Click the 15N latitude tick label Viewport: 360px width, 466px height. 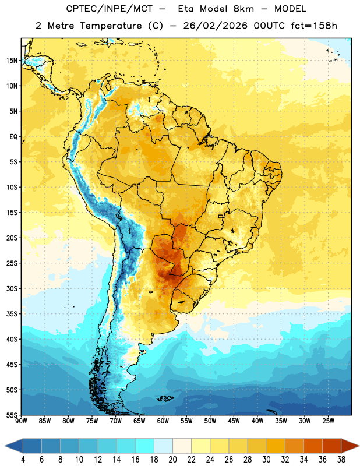12,61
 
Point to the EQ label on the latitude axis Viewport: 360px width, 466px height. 13,137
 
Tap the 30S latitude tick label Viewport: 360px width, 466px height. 12,288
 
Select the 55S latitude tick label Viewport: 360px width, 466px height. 12,415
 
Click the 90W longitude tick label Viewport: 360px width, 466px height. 21,421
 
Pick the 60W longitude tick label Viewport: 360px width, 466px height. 163,421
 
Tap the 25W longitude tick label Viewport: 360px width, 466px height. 328,421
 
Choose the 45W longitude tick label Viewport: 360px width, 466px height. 234,421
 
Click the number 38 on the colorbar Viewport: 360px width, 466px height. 341,460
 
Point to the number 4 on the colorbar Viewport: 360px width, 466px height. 23,460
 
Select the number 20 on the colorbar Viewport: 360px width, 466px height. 172,460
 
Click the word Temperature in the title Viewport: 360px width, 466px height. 111,26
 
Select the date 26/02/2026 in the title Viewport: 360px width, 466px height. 216,26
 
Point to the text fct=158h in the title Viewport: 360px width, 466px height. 314,26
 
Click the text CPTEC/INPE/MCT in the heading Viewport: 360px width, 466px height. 110,9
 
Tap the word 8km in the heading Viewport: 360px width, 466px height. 243,9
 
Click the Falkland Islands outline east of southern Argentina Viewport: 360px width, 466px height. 165,398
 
